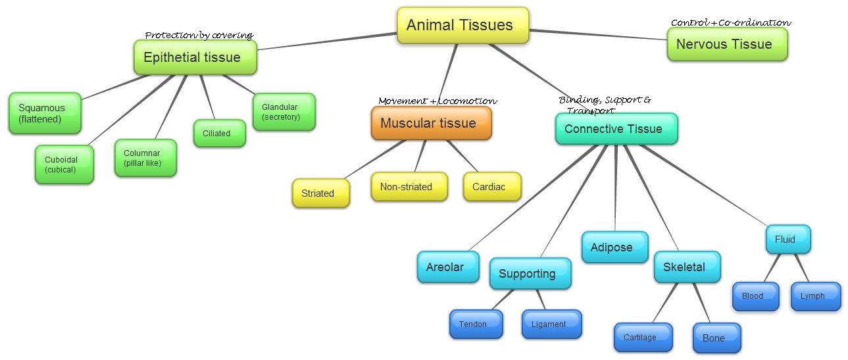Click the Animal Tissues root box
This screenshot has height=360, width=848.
[x=462, y=26]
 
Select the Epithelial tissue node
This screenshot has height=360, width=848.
[x=195, y=57]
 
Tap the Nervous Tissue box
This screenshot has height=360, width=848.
[x=727, y=44]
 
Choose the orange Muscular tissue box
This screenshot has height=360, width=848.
[x=431, y=123]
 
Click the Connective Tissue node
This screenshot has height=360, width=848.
[x=616, y=128]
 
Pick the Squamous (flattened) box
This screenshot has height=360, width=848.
[x=45, y=113]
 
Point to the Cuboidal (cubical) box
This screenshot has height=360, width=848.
[x=64, y=164]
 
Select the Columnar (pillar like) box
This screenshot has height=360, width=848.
[x=145, y=158]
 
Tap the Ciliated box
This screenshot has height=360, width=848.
[x=219, y=133]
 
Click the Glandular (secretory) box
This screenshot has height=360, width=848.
[x=284, y=112]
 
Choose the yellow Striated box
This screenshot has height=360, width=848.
[x=320, y=193]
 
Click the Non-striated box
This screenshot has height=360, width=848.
[x=409, y=186]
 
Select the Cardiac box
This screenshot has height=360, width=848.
[x=491, y=186]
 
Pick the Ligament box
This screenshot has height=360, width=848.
[x=551, y=324]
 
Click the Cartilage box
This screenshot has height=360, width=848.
[x=643, y=337]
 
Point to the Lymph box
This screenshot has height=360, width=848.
[x=815, y=296]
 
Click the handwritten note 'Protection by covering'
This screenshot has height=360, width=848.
[x=199, y=35]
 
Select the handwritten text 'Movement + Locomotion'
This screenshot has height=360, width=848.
[x=437, y=101]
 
